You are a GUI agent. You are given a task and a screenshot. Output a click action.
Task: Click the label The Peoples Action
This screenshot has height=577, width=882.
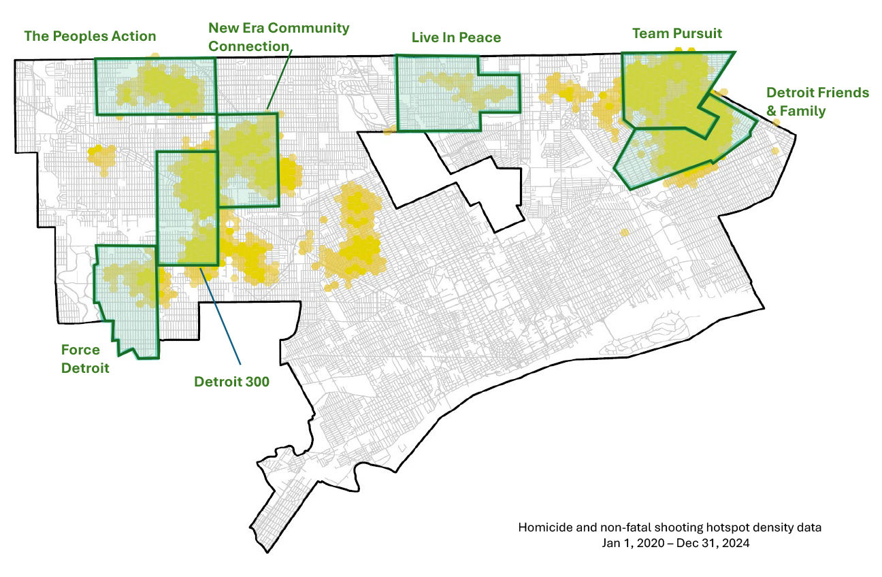(90, 36)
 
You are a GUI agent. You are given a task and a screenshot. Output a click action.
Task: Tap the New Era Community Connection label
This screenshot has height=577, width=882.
(278, 37)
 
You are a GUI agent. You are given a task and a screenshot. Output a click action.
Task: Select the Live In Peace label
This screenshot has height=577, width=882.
(456, 37)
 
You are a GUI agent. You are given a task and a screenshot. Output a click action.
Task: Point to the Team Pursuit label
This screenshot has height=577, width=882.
(676, 33)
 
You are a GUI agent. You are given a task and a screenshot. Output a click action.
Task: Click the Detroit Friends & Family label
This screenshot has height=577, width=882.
(817, 101)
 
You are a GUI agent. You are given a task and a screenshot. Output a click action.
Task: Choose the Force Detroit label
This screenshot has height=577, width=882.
(85, 359)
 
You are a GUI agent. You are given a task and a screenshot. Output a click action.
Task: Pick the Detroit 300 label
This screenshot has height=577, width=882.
(231, 382)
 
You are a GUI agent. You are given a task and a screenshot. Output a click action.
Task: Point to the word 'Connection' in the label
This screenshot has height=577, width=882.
(249, 46)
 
